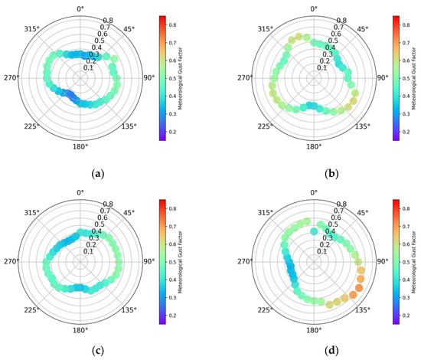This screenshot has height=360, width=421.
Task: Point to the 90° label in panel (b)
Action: (x=380, y=77)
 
